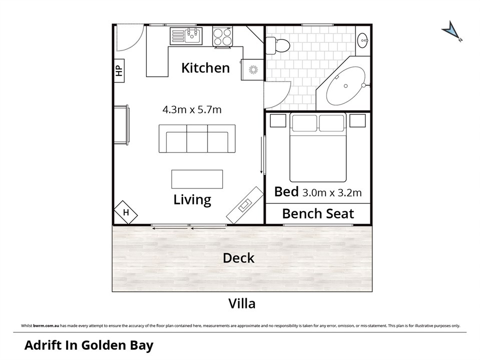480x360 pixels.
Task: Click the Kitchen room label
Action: point(205,68)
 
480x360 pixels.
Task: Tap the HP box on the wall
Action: point(119,71)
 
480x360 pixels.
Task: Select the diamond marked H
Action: point(126,212)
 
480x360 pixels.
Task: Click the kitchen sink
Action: point(186,36)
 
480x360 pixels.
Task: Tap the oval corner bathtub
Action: point(346,85)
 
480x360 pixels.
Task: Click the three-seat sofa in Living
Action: point(197,138)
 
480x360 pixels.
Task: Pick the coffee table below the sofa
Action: point(197,179)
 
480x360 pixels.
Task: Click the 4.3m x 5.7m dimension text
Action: point(192,109)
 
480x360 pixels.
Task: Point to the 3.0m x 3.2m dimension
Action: point(332,192)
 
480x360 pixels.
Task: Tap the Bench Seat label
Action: point(318,213)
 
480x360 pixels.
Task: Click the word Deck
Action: point(239,258)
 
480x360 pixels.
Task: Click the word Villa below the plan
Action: point(242,303)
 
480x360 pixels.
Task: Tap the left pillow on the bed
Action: point(305,123)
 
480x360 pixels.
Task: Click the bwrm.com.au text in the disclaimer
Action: point(46,325)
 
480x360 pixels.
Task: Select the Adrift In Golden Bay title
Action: point(89,345)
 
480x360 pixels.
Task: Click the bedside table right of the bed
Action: point(357,120)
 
